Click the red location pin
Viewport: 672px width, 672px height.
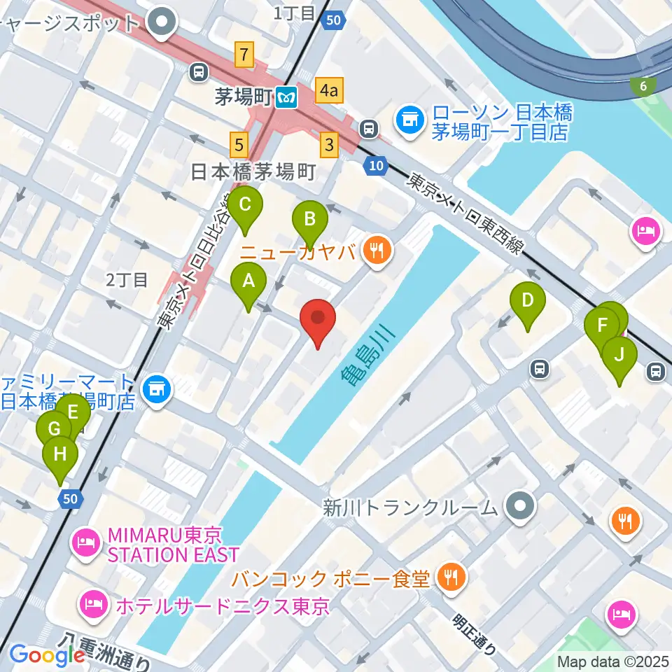pyautogui.click(x=318, y=320)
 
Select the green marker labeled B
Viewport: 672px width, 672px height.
pyautogui.click(x=309, y=220)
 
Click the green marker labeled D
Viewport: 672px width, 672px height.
pyautogui.click(x=528, y=302)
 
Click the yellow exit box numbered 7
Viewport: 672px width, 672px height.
pyautogui.click(x=244, y=54)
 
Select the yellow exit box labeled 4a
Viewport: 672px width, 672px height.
pyautogui.click(x=329, y=90)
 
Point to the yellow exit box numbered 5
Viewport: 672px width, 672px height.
pyautogui.click(x=239, y=146)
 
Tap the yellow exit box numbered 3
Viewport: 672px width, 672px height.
pyautogui.click(x=328, y=146)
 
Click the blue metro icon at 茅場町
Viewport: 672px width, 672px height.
pyautogui.click(x=286, y=97)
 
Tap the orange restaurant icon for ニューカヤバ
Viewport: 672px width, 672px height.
pyautogui.click(x=377, y=251)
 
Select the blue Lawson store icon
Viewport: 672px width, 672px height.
pyautogui.click(x=409, y=119)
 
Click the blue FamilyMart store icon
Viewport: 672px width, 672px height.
pyautogui.click(x=155, y=390)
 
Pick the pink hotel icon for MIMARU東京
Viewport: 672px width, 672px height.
pyautogui.click(x=87, y=540)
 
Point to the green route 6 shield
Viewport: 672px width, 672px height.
pyautogui.click(x=642, y=86)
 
